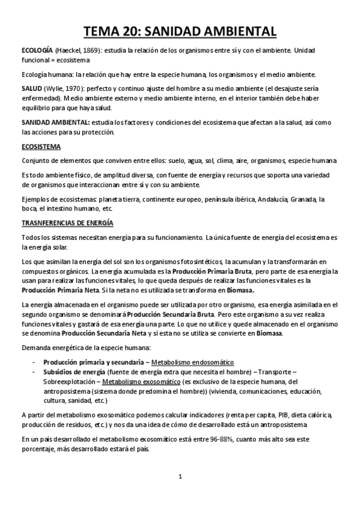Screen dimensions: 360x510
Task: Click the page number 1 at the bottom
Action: point(180,477)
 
